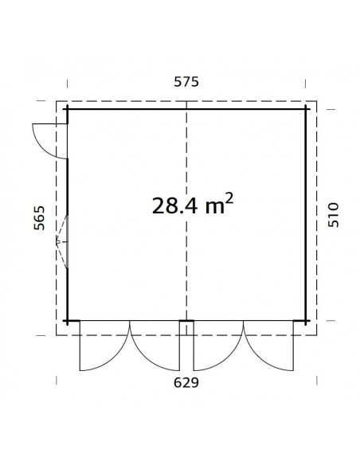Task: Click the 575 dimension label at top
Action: click(x=186, y=82)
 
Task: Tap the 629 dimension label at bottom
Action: click(x=186, y=382)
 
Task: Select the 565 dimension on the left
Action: click(x=39, y=218)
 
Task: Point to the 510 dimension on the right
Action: click(x=333, y=215)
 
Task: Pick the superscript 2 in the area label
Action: click(x=229, y=197)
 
